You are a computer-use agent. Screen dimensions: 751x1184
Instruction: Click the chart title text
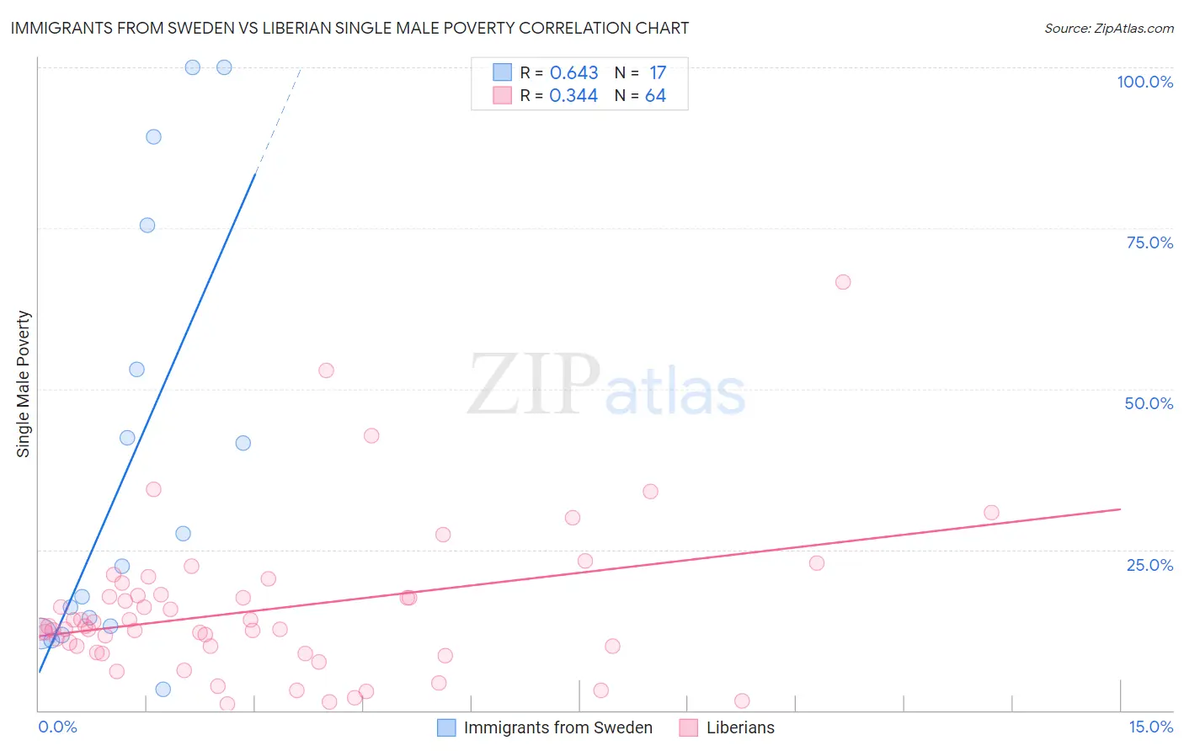point(349,29)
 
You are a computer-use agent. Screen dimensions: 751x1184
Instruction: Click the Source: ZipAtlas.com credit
point(1108,29)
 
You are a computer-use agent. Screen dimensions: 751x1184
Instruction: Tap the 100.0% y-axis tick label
point(1144,82)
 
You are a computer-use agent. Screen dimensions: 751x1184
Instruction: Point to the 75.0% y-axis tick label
point(1149,242)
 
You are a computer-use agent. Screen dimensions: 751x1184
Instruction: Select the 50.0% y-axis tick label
point(1149,403)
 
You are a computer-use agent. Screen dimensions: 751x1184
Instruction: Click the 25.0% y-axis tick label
point(1149,564)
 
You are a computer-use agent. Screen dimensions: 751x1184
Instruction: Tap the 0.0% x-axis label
point(58,727)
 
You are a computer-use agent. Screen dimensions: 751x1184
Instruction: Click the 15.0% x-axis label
point(1150,727)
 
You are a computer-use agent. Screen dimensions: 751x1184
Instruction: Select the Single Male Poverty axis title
point(24,384)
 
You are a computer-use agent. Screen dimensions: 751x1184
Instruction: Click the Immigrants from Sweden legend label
point(557,727)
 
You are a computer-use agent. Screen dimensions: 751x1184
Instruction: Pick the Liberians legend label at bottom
point(740,727)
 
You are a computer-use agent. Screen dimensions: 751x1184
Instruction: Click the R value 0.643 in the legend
point(573,73)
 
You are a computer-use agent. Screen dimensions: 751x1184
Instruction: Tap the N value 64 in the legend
point(655,96)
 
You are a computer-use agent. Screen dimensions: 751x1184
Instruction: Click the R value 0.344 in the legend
point(573,96)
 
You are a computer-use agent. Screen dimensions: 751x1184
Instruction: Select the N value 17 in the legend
point(657,73)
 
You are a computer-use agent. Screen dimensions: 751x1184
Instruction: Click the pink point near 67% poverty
point(843,282)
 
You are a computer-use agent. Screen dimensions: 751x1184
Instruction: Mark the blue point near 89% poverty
point(153,136)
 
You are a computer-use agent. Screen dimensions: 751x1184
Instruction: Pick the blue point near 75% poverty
point(147,225)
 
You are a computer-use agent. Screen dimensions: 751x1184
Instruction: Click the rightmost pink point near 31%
point(991,513)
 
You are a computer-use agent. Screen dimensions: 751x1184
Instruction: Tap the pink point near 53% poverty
point(326,370)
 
